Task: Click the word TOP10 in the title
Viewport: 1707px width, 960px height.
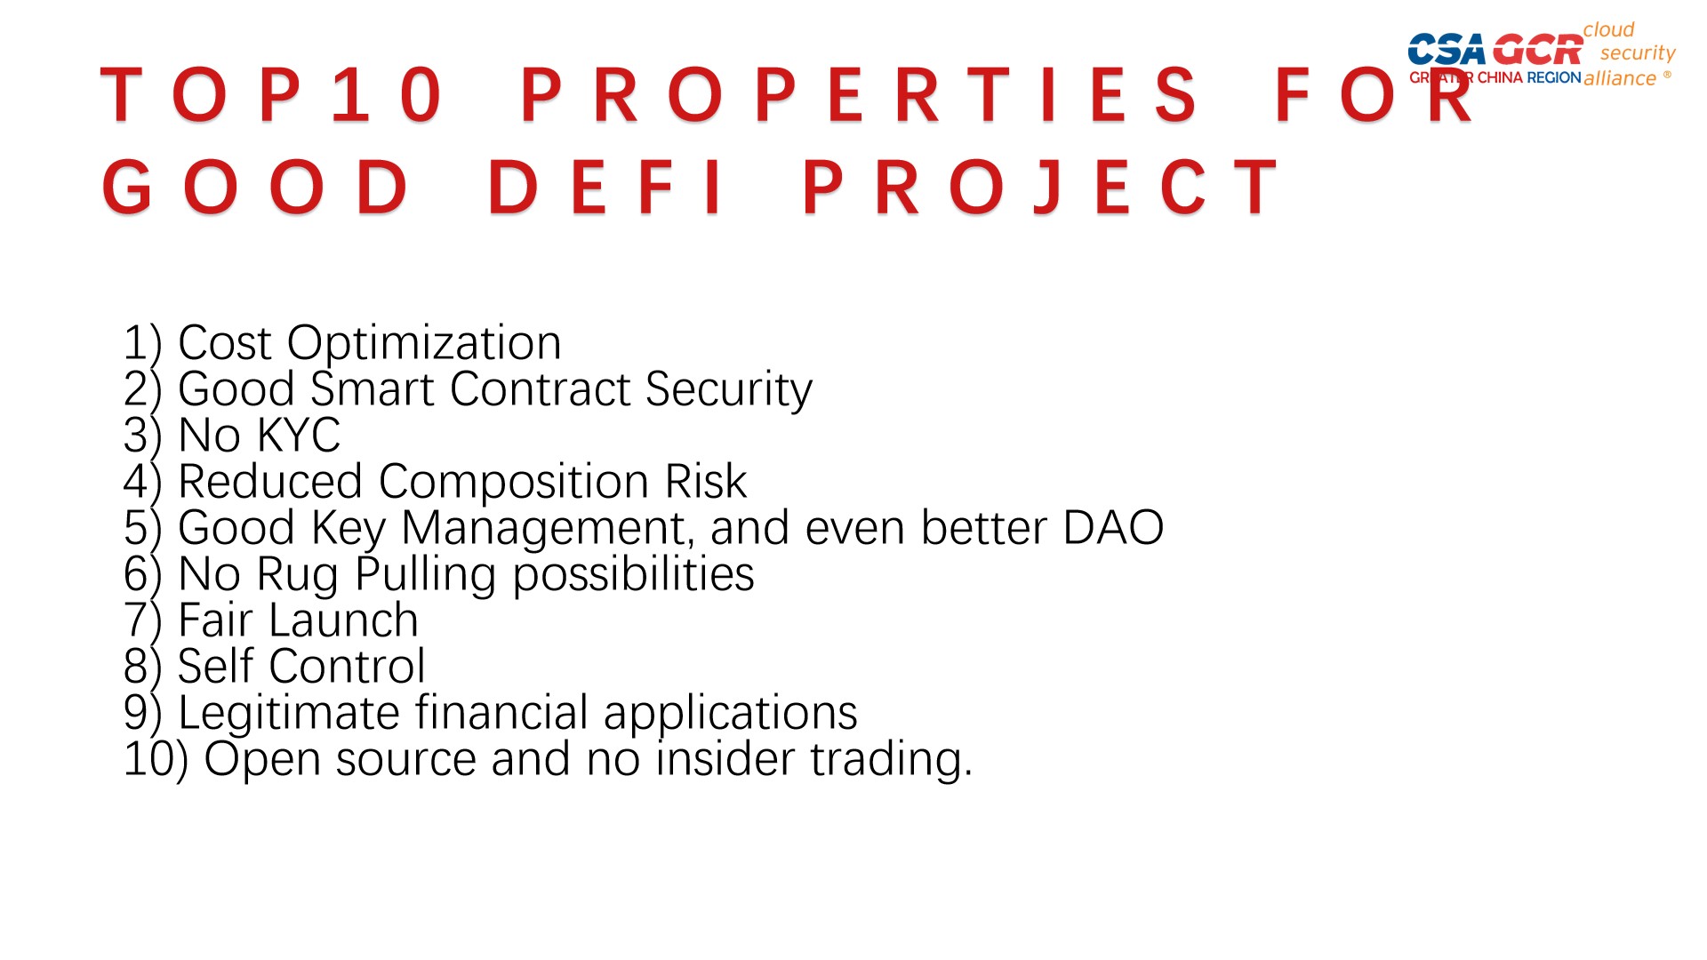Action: (x=271, y=94)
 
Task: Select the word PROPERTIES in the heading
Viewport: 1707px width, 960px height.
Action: (x=859, y=94)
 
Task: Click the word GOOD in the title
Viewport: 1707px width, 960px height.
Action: (x=256, y=187)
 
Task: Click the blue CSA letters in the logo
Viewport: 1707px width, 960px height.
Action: (x=1447, y=50)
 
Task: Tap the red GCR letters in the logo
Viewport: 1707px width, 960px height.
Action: (x=1538, y=50)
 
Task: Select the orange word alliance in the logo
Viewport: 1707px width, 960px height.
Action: (x=1620, y=78)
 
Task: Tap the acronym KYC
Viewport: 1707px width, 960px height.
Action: (x=298, y=436)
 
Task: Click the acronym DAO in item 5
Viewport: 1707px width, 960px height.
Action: (x=1113, y=528)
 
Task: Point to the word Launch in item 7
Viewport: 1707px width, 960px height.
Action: (x=343, y=620)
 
